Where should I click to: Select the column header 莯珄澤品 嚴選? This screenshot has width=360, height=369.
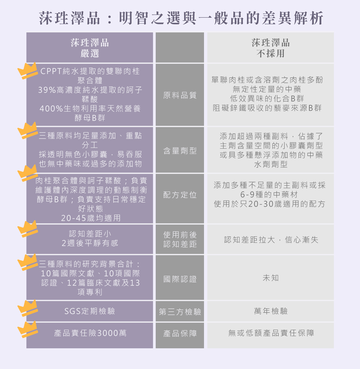[90, 48]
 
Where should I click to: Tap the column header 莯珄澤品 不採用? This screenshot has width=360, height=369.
[271, 48]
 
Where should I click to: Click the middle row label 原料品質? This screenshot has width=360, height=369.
[180, 95]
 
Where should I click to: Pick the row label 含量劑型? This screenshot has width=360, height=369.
[180, 151]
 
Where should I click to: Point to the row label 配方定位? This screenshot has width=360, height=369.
[180, 195]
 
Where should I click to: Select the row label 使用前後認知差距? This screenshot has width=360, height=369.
[180, 239]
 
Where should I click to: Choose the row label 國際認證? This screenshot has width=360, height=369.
[180, 279]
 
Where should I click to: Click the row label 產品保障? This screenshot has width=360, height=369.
[180, 334]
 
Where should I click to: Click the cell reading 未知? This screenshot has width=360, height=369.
[271, 278]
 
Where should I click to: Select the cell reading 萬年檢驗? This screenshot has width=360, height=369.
[271, 311]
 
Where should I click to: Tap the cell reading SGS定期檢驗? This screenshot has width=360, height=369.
[90, 311]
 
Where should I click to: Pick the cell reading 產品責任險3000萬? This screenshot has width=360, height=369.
[90, 333]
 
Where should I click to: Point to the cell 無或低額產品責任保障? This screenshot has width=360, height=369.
[271, 333]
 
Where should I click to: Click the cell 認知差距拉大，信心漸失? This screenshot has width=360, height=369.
[271, 240]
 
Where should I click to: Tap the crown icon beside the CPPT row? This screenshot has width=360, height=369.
[28, 71]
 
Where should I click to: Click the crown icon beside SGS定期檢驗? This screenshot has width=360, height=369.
[28, 308]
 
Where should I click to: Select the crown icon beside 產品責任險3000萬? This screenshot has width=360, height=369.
[28, 329]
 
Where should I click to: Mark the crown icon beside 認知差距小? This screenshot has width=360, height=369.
[28, 229]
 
